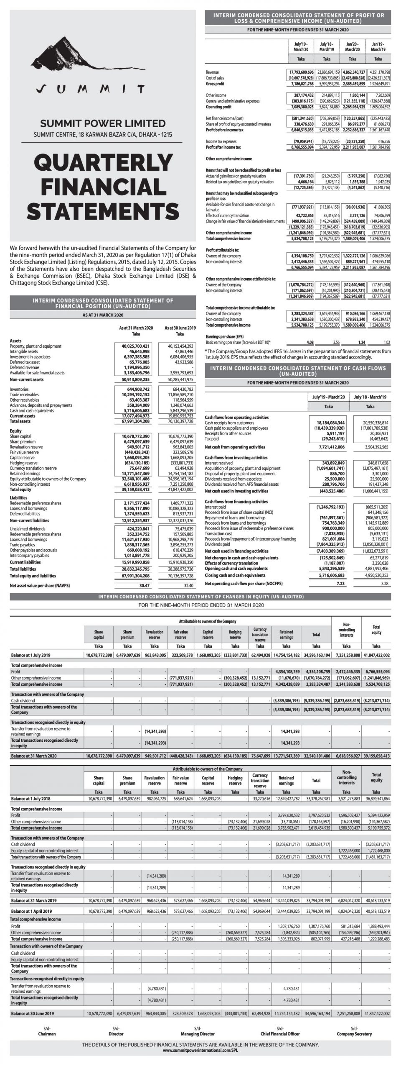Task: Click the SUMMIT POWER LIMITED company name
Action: click(x=103, y=123)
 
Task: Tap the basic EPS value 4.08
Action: click(x=310, y=342)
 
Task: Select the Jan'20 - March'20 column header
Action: click(x=352, y=46)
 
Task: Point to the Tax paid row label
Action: click(x=211, y=439)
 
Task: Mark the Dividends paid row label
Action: click(x=217, y=544)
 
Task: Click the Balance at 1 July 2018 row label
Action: click(x=30, y=798)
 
